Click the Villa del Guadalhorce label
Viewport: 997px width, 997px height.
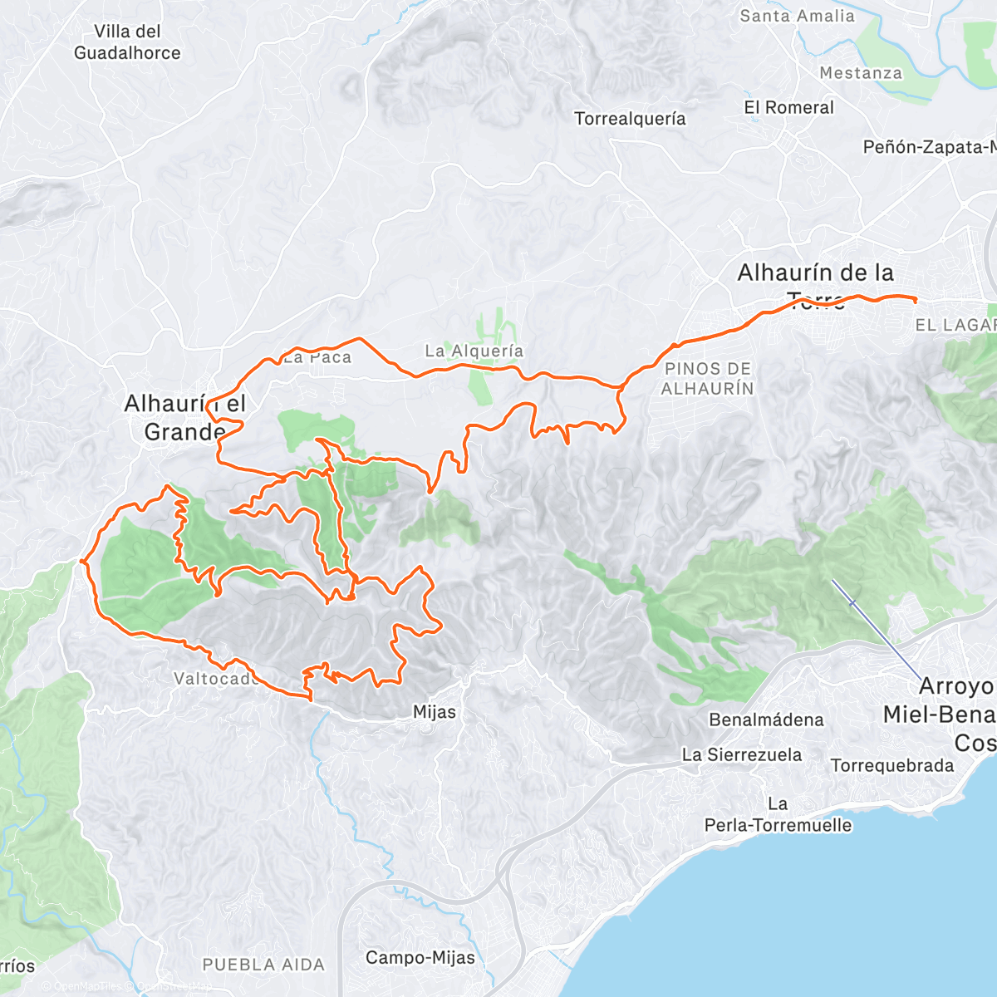tap(127, 42)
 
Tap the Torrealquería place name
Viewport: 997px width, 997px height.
tap(630, 119)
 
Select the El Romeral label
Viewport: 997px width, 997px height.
tap(788, 108)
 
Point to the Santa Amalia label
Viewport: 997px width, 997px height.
tap(796, 16)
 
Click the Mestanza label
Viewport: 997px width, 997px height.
tap(860, 73)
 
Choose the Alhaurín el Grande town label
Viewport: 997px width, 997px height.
tap(184, 418)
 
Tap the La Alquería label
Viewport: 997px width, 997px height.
tap(474, 351)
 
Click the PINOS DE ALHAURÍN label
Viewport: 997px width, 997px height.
tap(708, 378)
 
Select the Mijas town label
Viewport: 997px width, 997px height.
tap(435, 712)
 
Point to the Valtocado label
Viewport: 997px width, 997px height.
tap(214, 679)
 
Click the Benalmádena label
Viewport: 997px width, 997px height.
tap(766, 720)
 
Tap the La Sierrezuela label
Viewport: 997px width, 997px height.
tap(742, 755)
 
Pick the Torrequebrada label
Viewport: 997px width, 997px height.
tap(892, 766)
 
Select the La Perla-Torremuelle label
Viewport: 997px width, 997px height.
tap(778, 815)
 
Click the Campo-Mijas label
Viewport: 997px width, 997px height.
tap(420, 958)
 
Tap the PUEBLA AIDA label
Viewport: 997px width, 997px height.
tap(263, 965)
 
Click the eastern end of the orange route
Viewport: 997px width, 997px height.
tap(915, 299)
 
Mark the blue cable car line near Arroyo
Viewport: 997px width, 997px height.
tap(874, 627)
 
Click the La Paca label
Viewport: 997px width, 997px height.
tap(317, 358)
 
